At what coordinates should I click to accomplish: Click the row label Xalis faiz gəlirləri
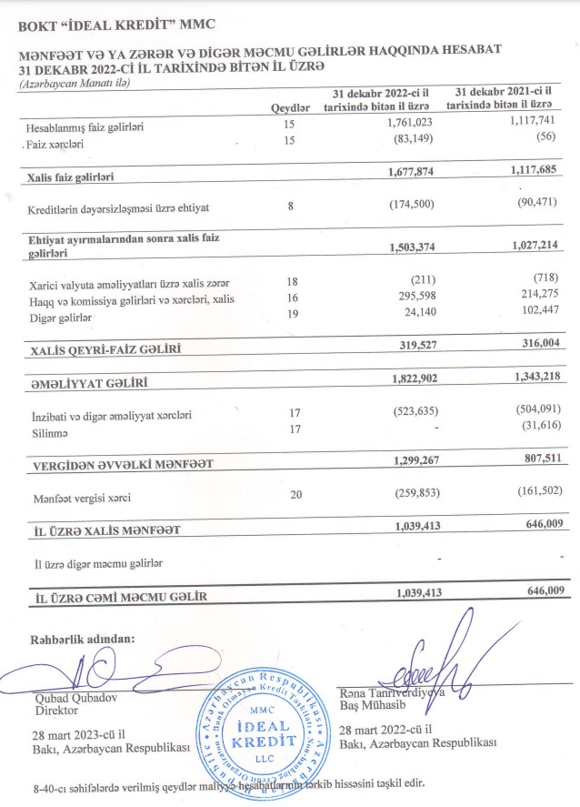(74, 174)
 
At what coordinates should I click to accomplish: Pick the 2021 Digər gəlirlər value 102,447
(534, 311)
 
